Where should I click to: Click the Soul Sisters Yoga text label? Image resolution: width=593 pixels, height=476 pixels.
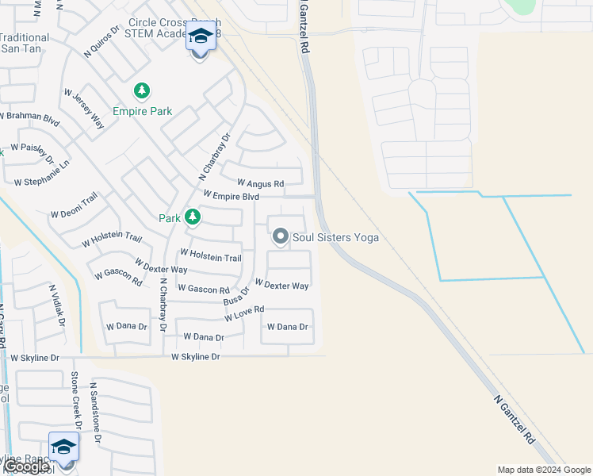click(335, 237)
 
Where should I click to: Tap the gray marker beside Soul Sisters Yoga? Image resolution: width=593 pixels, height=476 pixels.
click(280, 236)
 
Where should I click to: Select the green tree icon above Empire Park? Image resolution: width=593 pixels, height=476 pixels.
click(142, 92)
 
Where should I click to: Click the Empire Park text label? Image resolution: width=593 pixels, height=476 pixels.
click(143, 112)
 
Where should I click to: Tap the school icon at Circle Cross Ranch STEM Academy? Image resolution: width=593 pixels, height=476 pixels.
click(199, 38)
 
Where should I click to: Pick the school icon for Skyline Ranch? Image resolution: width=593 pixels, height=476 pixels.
click(63, 448)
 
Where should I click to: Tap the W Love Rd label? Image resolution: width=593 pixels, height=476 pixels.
click(243, 314)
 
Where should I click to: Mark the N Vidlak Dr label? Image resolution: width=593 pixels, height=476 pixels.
click(56, 305)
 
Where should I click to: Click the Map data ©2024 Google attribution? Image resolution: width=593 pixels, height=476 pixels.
click(544, 470)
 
